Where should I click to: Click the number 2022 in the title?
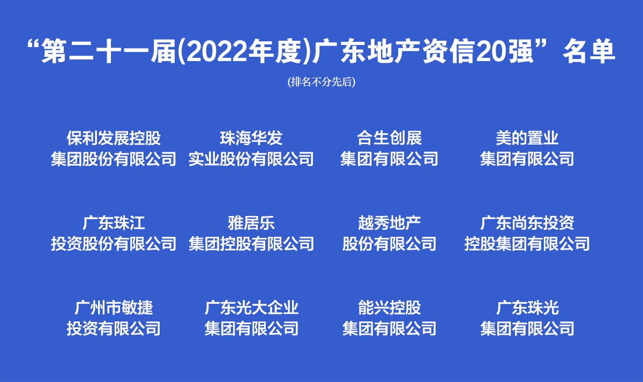217,52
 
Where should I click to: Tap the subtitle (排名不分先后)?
322,82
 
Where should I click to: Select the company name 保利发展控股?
114,138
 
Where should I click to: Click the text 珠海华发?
251,138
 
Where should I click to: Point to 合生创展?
389,138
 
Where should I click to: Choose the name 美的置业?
527,138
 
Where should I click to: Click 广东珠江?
114,223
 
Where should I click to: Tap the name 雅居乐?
251,223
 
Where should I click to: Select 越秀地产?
389,223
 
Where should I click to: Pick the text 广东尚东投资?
527,223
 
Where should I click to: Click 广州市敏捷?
114,308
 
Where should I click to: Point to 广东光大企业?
251,308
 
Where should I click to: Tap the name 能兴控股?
389,308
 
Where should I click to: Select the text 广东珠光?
527,308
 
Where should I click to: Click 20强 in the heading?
505,52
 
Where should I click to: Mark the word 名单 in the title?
589,52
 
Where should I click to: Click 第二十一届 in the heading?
108,52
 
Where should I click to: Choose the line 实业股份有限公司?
251,159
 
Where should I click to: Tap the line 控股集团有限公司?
527,244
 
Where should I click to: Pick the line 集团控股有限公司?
251,244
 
